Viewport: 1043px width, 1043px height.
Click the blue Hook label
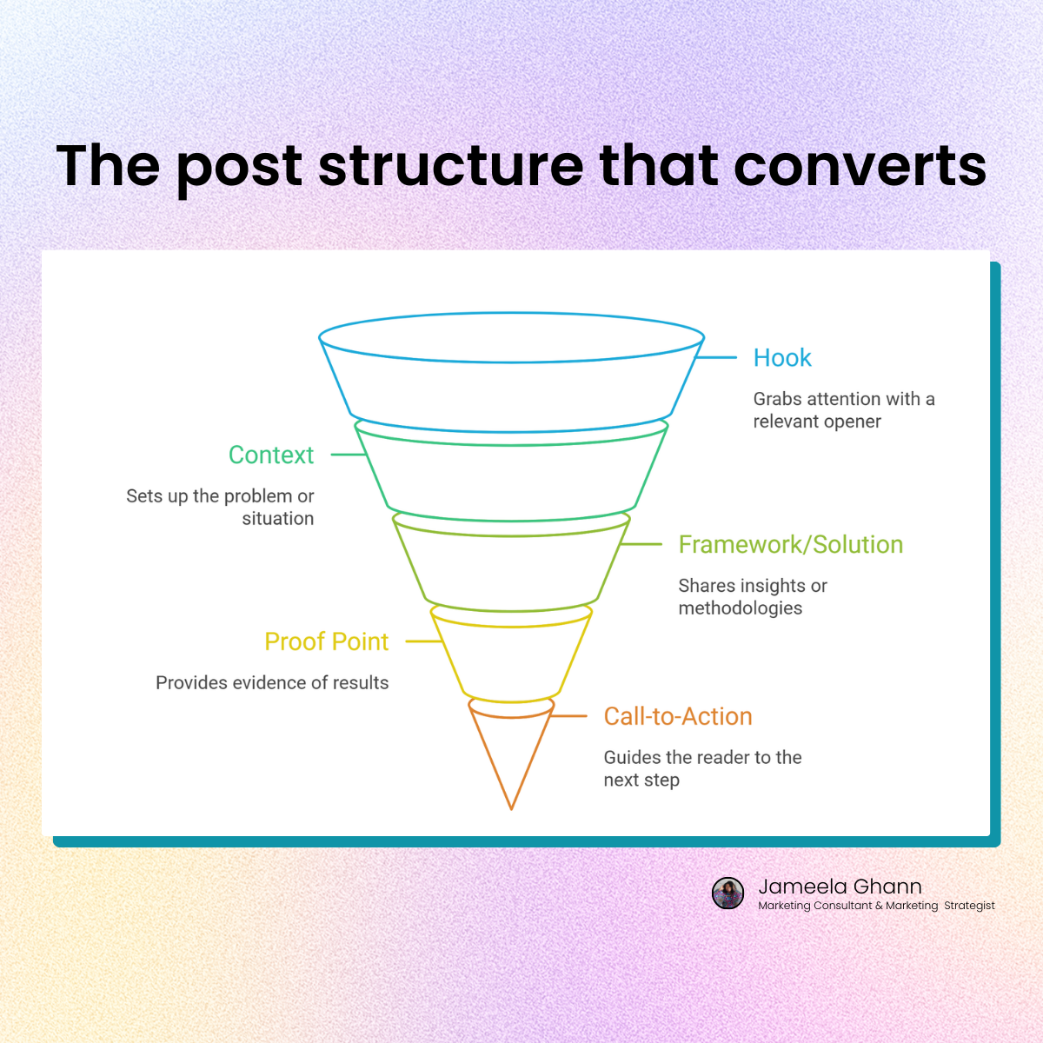point(782,358)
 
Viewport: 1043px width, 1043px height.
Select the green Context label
point(271,455)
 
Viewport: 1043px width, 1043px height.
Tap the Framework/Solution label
point(790,545)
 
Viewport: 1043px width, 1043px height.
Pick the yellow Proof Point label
point(326,642)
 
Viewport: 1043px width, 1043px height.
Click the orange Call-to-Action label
point(678,717)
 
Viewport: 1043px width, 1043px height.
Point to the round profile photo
point(728,893)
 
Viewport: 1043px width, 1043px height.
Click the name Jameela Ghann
point(840,887)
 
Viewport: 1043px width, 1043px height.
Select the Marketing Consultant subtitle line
point(876,906)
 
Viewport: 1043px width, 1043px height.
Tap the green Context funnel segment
point(512,478)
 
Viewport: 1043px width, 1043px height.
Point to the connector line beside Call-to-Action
point(569,716)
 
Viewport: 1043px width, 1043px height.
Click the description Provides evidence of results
point(272,683)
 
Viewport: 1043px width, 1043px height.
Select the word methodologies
point(741,608)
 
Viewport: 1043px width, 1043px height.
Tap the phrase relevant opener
point(817,422)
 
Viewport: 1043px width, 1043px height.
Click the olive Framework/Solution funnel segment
point(512,569)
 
